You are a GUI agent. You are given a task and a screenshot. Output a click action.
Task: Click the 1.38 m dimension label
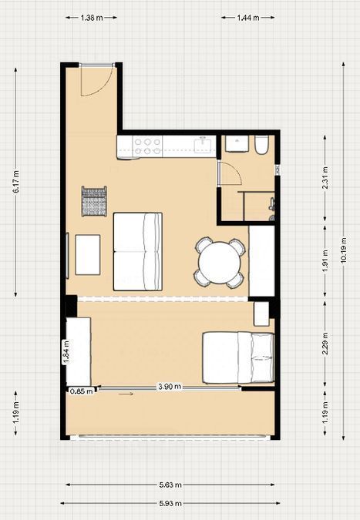click(x=92, y=18)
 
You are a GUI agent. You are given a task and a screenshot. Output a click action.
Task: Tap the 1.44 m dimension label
click(x=248, y=18)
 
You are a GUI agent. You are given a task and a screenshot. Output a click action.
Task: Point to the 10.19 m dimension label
click(x=344, y=250)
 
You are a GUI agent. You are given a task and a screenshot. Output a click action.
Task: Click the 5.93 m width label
click(x=170, y=503)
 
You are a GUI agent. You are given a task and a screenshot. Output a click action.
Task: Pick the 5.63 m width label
click(x=170, y=485)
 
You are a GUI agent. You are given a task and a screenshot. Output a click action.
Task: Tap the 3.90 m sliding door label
click(x=170, y=387)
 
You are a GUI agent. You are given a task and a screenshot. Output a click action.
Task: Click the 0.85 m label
click(x=82, y=391)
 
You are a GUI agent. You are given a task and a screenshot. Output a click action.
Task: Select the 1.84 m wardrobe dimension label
click(x=66, y=352)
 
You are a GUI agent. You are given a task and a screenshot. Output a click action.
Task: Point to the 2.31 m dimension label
click(x=325, y=178)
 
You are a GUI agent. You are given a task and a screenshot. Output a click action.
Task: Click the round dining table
click(x=220, y=263)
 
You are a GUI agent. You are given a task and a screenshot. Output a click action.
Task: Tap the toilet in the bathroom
click(x=261, y=146)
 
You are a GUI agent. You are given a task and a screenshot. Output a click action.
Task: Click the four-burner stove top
click(x=147, y=146)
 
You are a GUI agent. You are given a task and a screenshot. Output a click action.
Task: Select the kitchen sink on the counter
click(x=203, y=146)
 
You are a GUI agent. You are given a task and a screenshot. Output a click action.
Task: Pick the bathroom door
click(x=220, y=173)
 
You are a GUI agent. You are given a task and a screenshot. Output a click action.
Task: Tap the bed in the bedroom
click(x=238, y=357)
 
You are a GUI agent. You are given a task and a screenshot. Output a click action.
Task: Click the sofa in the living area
click(x=138, y=252)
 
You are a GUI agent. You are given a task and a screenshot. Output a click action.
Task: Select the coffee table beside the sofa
click(x=88, y=255)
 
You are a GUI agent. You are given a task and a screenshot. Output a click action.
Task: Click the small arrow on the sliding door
click(x=126, y=394)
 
